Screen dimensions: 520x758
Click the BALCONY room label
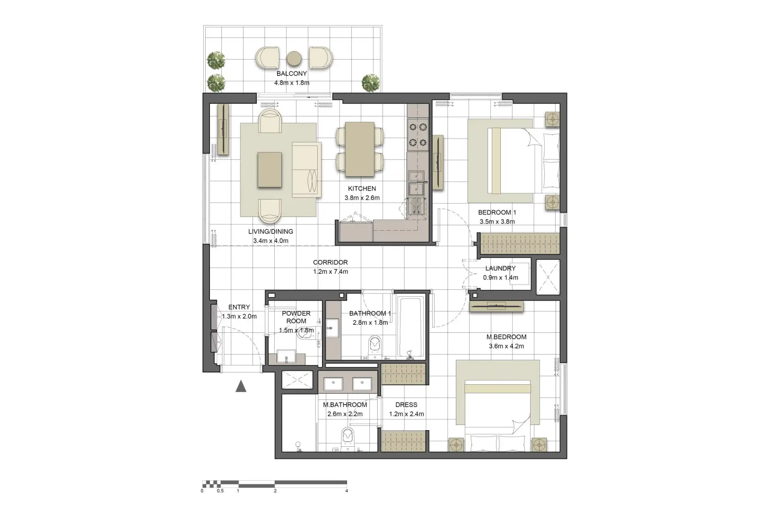tap(291, 74)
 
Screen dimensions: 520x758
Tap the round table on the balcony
tap(294, 58)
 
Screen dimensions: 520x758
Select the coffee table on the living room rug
tap(270, 169)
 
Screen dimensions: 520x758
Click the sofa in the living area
tap(306, 169)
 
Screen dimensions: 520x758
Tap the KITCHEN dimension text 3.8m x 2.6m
tap(362, 198)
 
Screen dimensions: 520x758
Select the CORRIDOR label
tap(330, 262)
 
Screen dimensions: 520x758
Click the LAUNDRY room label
tap(500, 268)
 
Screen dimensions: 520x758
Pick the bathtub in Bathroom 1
tap(410, 326)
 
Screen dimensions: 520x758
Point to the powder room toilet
tap(305, 335)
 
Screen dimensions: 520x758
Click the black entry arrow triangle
tap(241, 387)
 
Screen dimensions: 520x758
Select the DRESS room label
tap(406, 405)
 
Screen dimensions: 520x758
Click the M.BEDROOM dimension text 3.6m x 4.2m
tap(506, 346)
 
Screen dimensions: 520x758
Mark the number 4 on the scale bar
tap(347, 491)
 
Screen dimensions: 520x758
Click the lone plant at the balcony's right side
tap(371, 83)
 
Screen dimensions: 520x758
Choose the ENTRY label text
tap(239, 307)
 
